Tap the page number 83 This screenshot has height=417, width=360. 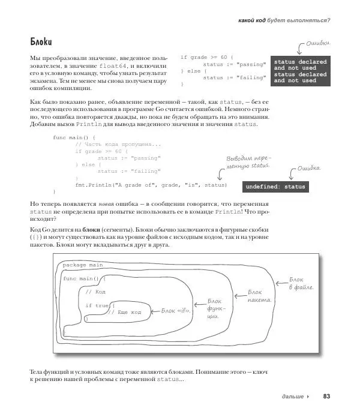(x=326, y=397)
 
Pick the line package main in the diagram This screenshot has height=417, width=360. (x=83, y=265)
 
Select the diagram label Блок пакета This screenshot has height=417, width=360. (x=260, y=296)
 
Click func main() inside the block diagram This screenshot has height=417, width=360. (x=84, y=279)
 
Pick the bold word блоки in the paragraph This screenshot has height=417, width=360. (x=91, y=230)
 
